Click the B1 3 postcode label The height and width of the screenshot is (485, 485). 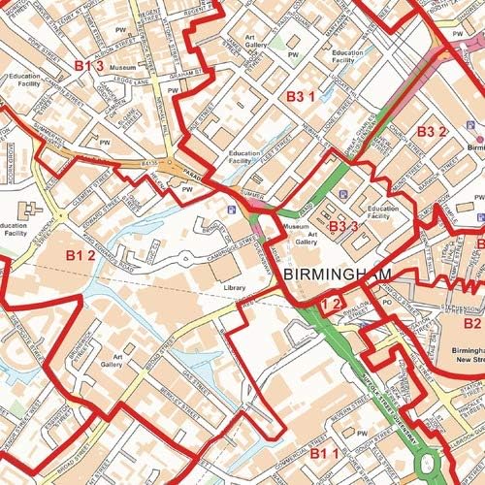pos(88,65)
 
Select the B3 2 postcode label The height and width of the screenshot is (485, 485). pos(432,131)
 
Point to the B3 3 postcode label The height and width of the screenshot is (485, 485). pos(343,226)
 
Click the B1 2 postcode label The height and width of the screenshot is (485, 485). pos(80,255)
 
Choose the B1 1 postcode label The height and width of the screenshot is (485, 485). pos(324,454)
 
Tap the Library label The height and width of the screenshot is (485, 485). pos(234,288)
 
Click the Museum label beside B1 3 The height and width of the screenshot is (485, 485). pos(122,68)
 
